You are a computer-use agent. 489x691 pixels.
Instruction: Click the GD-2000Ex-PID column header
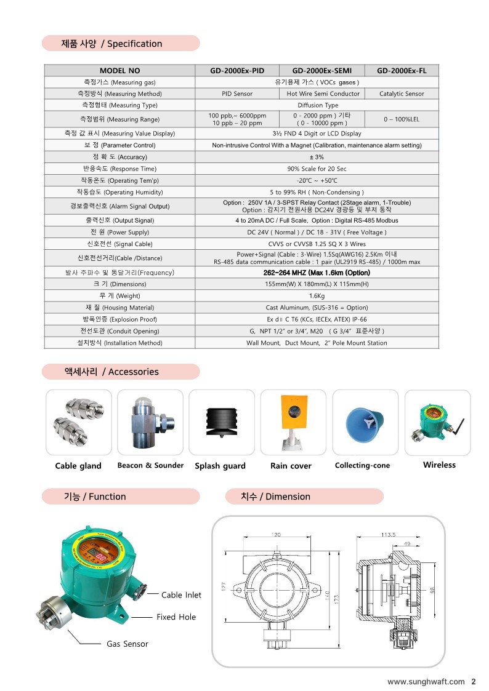point(237,71)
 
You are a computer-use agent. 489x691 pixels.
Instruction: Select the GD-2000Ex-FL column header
point(402,71)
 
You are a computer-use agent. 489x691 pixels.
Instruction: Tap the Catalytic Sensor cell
point(402,94)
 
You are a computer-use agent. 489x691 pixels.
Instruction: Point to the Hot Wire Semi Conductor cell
point(323,94)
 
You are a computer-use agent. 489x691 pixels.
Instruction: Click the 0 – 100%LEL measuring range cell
point(402,119)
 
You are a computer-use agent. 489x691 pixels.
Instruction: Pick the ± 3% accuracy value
point(317,157)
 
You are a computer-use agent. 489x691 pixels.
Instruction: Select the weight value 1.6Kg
point(317,296)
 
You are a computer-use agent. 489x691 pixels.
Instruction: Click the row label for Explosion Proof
point(119,319)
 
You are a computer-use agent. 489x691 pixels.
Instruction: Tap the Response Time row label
point(119,169)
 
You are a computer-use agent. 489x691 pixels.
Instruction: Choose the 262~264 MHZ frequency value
point(317,273)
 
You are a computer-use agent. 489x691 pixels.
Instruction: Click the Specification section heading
point(111,44)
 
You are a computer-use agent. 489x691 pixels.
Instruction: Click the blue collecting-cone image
point(365,422)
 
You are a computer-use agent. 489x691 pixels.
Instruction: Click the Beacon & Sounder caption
point(150,465)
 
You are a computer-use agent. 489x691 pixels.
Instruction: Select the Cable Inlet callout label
point(181,595)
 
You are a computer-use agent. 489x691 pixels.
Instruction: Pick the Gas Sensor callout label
point(127,644)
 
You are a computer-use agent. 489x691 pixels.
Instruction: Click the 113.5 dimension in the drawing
point(388,535)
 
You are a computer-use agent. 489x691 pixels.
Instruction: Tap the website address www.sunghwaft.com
point(426,681)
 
